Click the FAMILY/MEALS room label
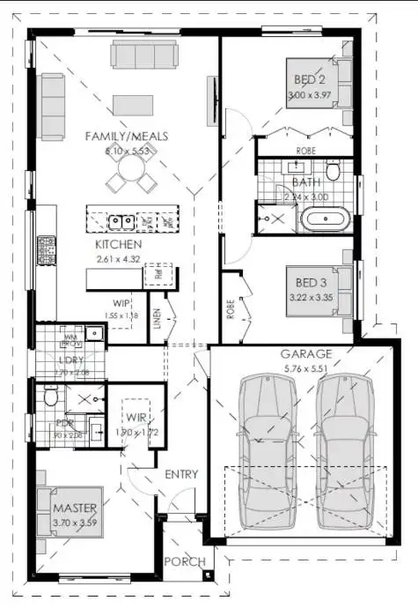point(126,137)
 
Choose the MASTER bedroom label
point(74,509)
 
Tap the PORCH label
point(186,561)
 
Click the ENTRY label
point(181,474)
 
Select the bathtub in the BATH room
point(325,219)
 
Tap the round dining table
point(125,179)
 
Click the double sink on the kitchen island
point(121,220)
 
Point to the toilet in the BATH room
point(334,169)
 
